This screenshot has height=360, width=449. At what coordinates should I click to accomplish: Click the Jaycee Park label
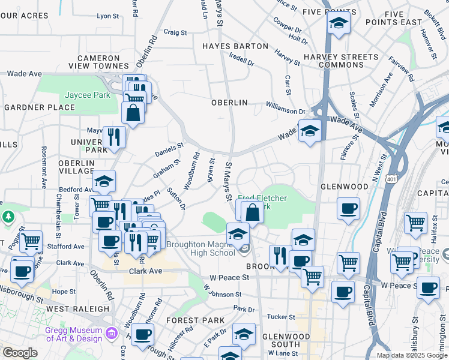coord(88,95)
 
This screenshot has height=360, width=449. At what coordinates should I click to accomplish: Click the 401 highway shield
coord(391,179)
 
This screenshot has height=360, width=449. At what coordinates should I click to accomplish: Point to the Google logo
coord(20,353)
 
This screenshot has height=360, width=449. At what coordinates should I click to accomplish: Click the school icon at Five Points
coord(339,23)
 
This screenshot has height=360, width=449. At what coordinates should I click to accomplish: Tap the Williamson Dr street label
coord(286,110)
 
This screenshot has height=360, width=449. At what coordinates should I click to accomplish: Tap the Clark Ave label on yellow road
coord(146,271)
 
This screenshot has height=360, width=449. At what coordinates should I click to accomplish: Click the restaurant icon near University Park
coord(113,137)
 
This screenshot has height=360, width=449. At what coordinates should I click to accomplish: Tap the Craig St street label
coord(175,33)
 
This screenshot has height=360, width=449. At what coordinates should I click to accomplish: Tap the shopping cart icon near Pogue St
coord(31,241)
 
